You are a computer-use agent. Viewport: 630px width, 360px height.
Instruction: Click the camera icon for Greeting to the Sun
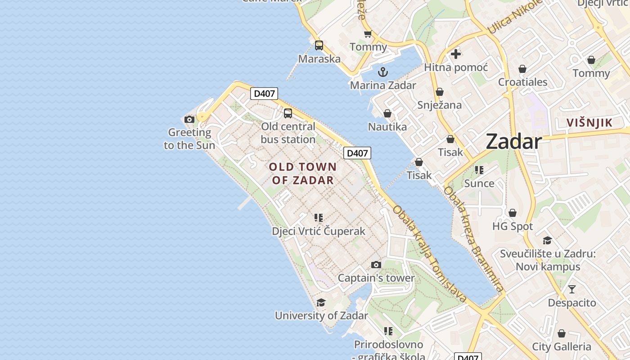(189, 119)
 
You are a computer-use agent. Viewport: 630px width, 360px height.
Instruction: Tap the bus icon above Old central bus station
(288, 113)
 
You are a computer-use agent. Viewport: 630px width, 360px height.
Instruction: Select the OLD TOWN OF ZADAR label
(303, 174)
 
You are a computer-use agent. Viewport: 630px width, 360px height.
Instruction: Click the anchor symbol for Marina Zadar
(382, 72)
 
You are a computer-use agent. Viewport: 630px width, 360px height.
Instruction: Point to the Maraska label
(319, 58)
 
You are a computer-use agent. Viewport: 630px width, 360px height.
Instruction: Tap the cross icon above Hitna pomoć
(456, 54)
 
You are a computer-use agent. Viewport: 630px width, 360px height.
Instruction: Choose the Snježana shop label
(439, 105)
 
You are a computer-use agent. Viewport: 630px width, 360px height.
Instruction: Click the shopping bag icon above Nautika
(387, 114)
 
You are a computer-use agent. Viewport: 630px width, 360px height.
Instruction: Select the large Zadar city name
(513, 142)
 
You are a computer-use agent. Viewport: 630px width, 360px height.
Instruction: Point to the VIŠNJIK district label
(589, 122)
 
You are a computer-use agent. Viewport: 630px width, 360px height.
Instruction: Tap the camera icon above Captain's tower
(376, 265)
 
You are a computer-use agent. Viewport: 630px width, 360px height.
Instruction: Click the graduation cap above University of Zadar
(321, 302)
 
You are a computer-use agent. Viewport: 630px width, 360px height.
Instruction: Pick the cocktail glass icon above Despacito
(571, 289)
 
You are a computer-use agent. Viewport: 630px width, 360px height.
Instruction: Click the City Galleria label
(562, 346)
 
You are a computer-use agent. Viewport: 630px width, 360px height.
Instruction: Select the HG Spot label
(513, 226)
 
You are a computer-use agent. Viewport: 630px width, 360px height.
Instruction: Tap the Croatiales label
(522, 82)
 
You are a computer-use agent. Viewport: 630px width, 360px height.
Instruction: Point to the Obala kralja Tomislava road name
(429, 255)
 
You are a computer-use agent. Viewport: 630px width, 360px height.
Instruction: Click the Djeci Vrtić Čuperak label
(319, 231)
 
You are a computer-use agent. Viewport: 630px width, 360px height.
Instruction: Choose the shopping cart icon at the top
(368, 34)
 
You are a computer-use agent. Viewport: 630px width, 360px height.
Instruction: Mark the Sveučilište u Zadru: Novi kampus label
(548, 260)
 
